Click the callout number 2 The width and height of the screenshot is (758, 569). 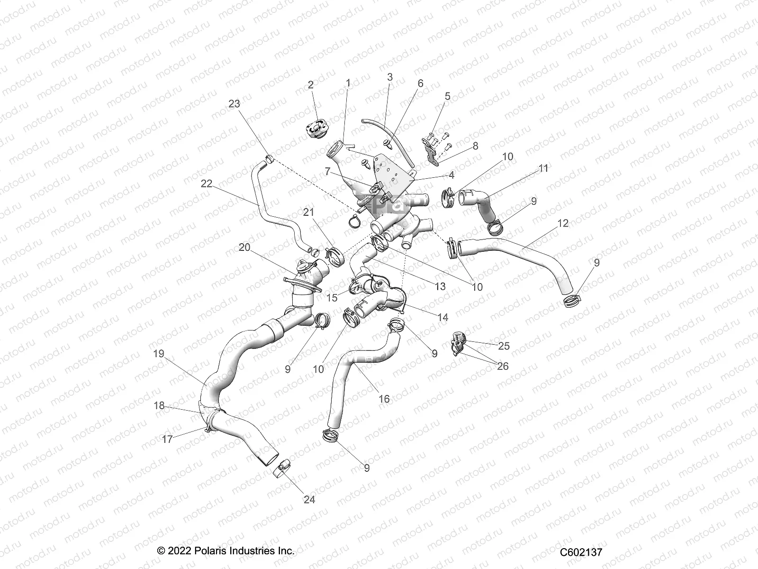coord(311,85)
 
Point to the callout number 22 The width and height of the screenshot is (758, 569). coord(207,184)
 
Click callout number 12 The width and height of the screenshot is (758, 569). coord(563,223)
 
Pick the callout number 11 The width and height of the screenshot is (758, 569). coord(543,168)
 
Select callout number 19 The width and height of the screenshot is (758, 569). coord(158,353)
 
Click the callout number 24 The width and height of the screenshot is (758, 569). coord(309,499)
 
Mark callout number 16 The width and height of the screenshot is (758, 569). coord(384,399)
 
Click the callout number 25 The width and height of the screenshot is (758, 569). coord(504,346)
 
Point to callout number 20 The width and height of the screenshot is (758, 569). coord(244,247)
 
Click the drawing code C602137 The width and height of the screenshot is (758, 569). coord(581,552)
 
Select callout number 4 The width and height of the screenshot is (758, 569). coord(451,175)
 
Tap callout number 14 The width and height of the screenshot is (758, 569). coord(442,317)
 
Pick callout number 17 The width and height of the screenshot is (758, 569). coord(167,439)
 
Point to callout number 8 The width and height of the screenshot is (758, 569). coord(475,146)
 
